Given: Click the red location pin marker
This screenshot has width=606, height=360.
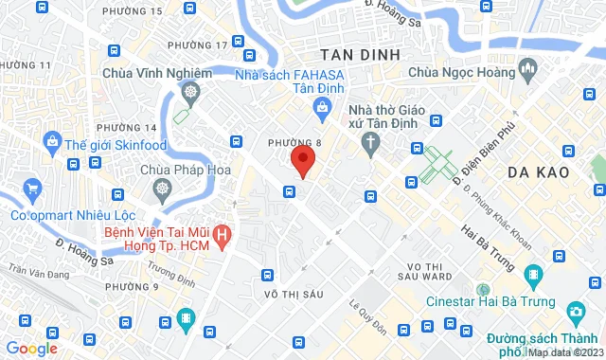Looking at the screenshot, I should pos(302,159).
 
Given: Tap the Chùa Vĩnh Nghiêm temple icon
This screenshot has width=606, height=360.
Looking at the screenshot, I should pos(191,92).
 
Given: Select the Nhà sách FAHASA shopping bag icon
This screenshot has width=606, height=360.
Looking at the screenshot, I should pos(325,108).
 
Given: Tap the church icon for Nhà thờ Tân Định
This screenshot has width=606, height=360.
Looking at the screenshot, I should pos(371,143).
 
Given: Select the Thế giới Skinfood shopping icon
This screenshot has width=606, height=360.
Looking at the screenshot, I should pos(52,144).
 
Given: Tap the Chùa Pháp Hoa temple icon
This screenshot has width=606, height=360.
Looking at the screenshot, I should pos(163,189).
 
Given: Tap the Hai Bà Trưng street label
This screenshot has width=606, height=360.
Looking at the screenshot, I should pos(489,244).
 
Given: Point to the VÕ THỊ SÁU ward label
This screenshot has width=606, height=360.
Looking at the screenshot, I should pos(294,295).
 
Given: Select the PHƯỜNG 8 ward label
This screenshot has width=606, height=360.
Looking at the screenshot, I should pos(288,142).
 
